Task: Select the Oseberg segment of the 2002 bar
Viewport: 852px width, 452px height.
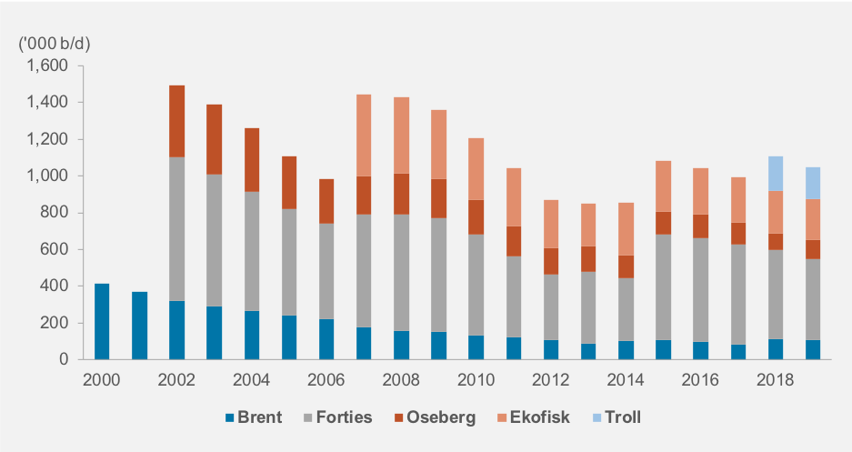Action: pos(176,121)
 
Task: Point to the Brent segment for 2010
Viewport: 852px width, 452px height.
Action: pos(476,347)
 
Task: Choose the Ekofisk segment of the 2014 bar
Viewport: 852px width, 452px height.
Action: pos(626,228)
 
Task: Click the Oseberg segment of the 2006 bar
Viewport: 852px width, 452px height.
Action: pos(326,201)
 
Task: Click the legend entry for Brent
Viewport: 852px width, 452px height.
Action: pos(255,418)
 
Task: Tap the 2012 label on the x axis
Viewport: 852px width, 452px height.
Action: pos(551,378)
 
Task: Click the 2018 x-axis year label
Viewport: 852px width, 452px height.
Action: pos(775,378)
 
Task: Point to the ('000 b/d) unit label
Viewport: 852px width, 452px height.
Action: pos(55,43)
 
